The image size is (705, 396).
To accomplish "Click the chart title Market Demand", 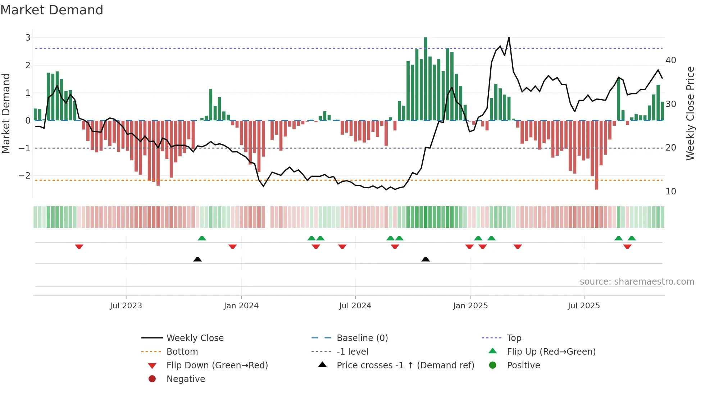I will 52,10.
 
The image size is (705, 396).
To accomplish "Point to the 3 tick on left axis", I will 28,38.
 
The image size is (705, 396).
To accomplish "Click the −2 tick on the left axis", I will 25,176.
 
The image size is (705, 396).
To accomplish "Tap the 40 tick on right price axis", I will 671,60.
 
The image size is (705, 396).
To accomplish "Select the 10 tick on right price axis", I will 671,192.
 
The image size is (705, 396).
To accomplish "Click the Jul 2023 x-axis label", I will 126,306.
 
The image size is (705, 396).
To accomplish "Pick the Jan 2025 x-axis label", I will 470,306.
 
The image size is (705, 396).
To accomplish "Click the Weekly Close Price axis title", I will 690,113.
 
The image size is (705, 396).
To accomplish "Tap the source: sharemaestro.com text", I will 637,282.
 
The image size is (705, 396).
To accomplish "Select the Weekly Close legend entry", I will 195,338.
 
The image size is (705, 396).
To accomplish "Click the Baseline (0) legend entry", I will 362,338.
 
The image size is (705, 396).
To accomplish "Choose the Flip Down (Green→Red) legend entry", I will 217,365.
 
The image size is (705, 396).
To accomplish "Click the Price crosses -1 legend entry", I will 405,365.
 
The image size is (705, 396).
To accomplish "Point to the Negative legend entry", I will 186,379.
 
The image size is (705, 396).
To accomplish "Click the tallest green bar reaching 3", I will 426,79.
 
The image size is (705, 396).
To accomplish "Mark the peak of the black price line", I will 509,37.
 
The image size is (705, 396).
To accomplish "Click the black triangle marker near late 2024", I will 426,259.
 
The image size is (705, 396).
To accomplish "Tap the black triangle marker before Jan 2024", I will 197,259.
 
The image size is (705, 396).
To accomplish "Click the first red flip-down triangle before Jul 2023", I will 79,247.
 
